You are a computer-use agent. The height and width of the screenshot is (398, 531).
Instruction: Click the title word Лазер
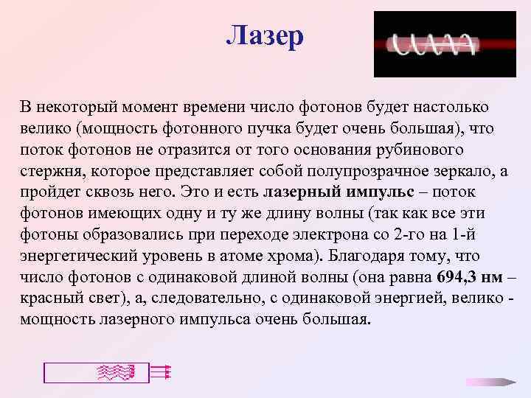tap(264, 36)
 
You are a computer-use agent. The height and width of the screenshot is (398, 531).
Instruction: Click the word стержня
tap(50, 172)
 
